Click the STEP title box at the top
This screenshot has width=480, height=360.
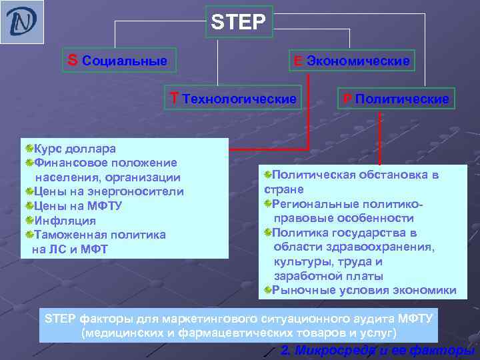(238, 23)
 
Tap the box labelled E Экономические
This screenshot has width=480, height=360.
(349, 61)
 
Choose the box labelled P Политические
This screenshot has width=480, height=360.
(395, 99)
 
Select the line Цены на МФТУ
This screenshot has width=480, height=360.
(77, 206)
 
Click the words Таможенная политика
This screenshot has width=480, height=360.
(100, 235)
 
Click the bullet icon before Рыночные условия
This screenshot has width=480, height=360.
(267, 290)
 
